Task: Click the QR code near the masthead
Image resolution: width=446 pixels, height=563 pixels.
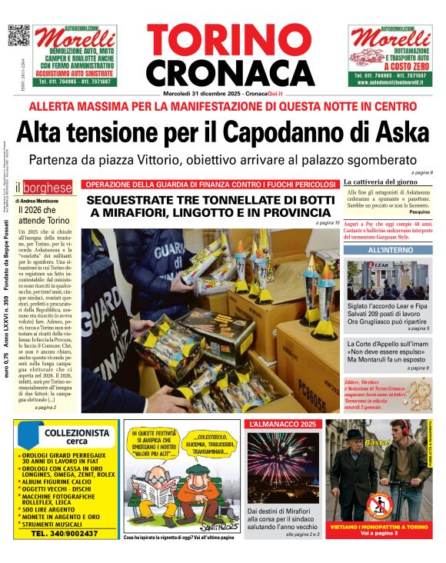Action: [18, 36]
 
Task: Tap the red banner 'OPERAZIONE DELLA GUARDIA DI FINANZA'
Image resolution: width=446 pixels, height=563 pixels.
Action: [210, 185]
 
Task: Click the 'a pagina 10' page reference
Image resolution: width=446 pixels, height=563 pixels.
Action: [326, 223]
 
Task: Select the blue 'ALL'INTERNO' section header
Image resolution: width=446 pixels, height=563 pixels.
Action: [388, 251]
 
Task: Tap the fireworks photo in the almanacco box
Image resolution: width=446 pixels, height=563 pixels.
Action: [282, 468]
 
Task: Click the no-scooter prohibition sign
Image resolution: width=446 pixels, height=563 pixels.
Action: [376, 504]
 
